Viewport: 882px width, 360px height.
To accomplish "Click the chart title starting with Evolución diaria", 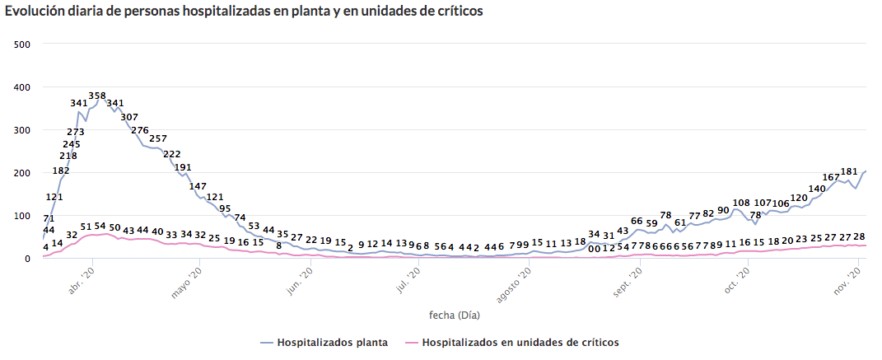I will (244, 12).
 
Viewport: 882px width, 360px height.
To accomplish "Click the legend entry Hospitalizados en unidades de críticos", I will (511, 341).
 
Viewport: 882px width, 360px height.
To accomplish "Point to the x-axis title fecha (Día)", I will (455, 315).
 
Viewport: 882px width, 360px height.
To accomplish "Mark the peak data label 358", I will (97, 96).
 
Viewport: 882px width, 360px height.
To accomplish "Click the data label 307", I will (129, 117).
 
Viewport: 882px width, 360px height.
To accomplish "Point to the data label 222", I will (172, 154).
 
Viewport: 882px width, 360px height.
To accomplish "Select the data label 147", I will (198, 186).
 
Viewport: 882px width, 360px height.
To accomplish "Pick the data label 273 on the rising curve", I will (76, 132).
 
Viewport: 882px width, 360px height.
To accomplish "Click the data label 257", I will (158, 138).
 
